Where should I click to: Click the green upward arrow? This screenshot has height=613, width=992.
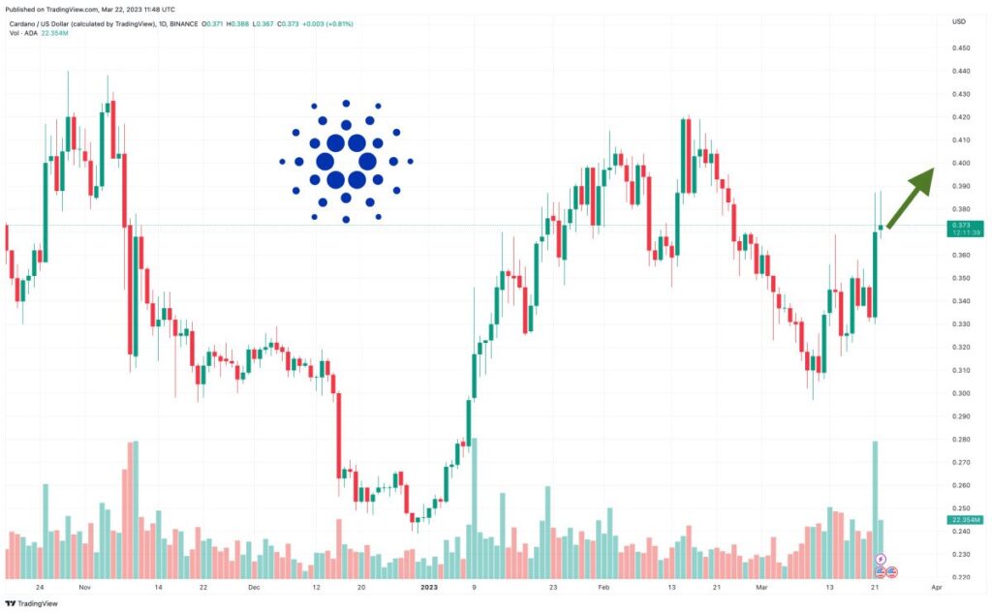909,198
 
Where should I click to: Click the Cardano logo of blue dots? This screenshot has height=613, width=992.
346,161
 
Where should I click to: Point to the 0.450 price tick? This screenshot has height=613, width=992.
961,48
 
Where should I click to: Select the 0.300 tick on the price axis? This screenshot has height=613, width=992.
961,393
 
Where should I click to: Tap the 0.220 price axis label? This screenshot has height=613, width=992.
961,577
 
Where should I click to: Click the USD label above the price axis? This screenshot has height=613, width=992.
958,21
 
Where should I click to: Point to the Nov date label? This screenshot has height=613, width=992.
84,587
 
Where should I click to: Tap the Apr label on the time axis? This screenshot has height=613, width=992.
937,587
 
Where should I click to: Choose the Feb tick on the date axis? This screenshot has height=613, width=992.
604,587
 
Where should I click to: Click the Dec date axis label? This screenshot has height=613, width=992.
254,587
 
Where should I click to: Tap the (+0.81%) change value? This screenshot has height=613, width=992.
331,21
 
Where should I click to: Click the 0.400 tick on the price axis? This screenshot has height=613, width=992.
961,163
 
